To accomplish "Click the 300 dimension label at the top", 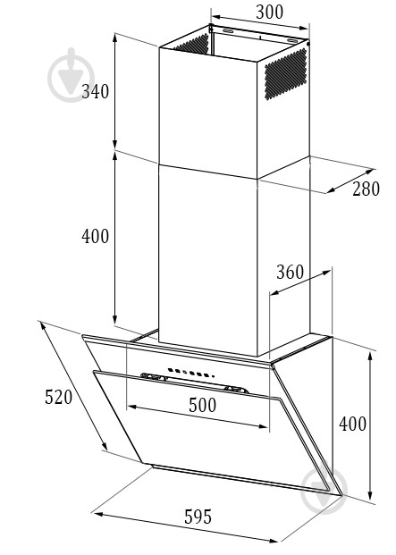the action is pyautogui.click(x=269, y=12).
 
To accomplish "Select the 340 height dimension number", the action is pyautogui.click(x=95, y=92).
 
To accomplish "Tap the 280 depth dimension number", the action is pyautogui.click(x=366, y=189).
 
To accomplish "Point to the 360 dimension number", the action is pyautogui.click(x=290, y=272).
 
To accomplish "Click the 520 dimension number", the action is pyautogui.click(x=58, y=397).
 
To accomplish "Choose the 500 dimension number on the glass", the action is pyautogui.click(x=202, y=405).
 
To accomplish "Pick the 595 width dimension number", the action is pyautogui.click(x=198, y=517).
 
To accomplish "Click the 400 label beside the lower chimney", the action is pyautogui.click(x=95, y=236).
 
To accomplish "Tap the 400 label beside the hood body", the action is pyautogui.click(x=352, y=424).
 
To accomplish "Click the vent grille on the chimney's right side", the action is pyautogui.click(x=285, y=73).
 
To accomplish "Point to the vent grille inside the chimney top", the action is pyautogui.click(x=191, y=44).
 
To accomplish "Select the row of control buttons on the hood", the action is pyautogui.click(x=191, y=373).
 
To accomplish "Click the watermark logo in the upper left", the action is pyautogui.click(x=72, y=75).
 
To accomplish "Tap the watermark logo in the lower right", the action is pyautogui.click(x=324, y=487).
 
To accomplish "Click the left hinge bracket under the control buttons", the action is pyautogui.click(x=154, y=376).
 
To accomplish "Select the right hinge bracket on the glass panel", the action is pyautogui.click(x=236, y=389).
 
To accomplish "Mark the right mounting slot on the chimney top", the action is pyautogui.click(x=292, y=41).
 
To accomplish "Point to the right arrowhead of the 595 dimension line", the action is pyautogui.click(x=274, y=540).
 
